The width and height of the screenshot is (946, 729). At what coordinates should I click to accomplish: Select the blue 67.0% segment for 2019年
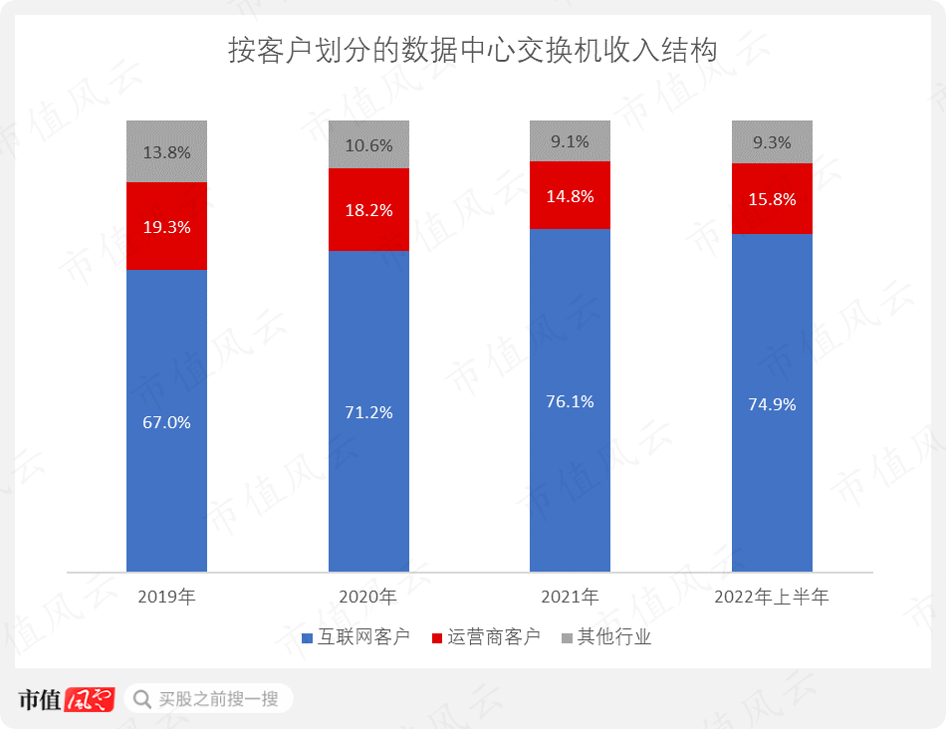pyautogui.click(x=166, y=420)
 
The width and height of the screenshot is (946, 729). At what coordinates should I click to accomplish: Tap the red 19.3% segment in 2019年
pyautogui.click(x=166, y=226)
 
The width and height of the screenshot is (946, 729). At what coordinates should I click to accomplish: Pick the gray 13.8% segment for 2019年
pyautogui.click(x=166, y=151)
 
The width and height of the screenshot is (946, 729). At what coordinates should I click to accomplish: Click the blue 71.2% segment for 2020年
pyautogui.click(x=368, y=411)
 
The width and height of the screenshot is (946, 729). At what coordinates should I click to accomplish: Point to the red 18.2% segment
pyautogui.click(x=368, y=209)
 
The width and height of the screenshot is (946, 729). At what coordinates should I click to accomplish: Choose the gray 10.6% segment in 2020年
pyautogui.click(x=368, y=144)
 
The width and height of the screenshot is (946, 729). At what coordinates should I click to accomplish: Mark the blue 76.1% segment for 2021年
pyautogui.click(x=570, y=400)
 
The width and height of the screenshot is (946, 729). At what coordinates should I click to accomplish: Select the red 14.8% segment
pyautogui.click(x=570, y=195)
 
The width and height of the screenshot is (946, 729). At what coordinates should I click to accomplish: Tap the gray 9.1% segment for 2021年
pyautogui.click(x=570, y=140)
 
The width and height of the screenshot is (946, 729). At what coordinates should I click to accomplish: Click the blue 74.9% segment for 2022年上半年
pyautogui.click(x=772, y=403)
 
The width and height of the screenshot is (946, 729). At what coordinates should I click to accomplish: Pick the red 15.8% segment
pyautogui.click(x=772, y=198)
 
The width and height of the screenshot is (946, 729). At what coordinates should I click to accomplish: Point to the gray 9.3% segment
pyautogui.click(x=772, y=141)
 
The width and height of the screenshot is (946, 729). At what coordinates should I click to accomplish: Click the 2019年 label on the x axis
pyautogui.click(x=166, y=598)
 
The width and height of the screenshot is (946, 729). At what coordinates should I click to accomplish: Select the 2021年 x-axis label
pyautogui.click(x=570, y=598)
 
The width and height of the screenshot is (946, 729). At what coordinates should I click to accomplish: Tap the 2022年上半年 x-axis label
pyautogui.click(x=772, y=598)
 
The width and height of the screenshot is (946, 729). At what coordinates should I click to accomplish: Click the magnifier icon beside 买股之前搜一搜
pyautogui.click(x=142, y=698)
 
